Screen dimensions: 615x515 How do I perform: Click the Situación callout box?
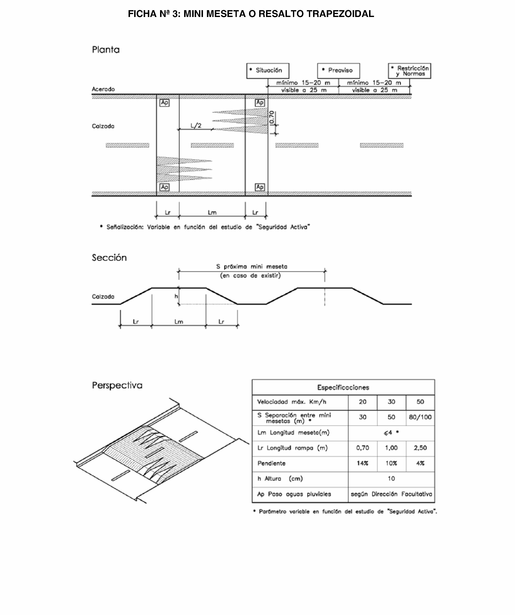268,71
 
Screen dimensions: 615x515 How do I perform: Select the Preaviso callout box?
338,71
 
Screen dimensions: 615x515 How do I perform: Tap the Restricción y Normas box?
409,71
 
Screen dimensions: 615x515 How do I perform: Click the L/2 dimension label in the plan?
196,126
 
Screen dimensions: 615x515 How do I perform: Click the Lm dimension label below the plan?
212,213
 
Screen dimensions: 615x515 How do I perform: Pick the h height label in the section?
176,296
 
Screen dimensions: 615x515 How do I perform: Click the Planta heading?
106,50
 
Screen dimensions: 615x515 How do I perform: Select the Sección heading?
109,258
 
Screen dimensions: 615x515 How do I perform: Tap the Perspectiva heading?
117,385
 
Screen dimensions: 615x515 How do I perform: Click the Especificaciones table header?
343,387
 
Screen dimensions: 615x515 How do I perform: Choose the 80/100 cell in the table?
420,417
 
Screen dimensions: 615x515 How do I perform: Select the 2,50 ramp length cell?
420,448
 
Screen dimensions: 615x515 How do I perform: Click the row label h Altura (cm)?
280,478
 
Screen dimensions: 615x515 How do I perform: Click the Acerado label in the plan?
103,89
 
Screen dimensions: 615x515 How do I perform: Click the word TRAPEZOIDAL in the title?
340,14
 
